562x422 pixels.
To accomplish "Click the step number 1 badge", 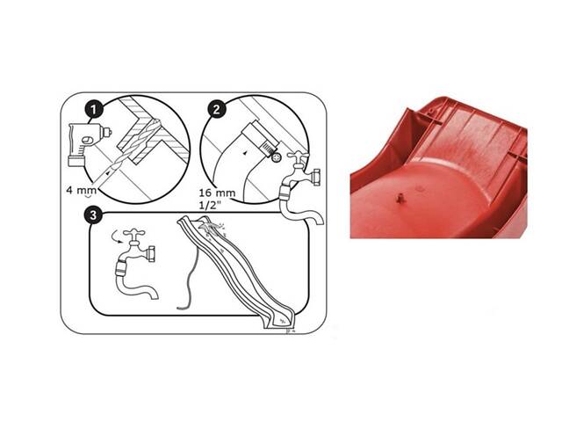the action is coord(94,109).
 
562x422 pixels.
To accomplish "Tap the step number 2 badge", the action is coord(217,109).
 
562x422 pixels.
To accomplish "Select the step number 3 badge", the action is coord(93,215).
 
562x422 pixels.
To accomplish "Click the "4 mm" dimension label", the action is coord(82,190).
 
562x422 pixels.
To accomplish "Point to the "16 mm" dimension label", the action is coord(217,193).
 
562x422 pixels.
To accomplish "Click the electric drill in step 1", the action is coord(88,143).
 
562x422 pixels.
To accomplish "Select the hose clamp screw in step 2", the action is coord(276,158).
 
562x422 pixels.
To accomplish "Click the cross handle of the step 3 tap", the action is coord(134,234).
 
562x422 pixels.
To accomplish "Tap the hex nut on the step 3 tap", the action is coord(151,254).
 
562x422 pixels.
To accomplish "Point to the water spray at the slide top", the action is coord(212,229).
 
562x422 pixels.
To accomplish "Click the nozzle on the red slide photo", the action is coord(400,198).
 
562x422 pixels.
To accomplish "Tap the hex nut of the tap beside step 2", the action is coord(316,176).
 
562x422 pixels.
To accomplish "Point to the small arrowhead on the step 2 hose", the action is coord(245,153).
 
